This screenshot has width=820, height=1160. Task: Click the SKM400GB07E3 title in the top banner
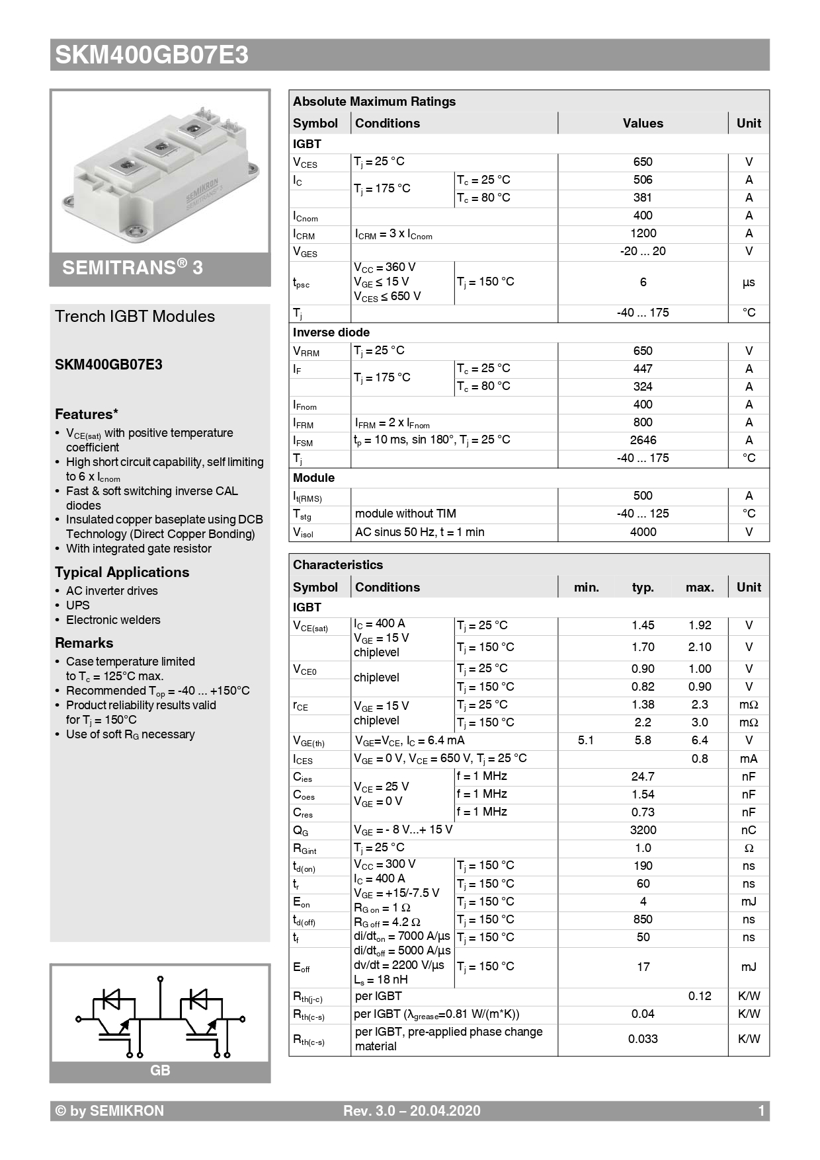tap(152, 55)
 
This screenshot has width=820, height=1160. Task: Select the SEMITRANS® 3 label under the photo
tap(132, 268)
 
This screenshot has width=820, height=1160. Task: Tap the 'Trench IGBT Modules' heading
tap(135, 317)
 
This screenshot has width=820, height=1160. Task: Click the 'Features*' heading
tap(87, 414)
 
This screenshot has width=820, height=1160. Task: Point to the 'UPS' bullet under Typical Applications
tap(77, 605)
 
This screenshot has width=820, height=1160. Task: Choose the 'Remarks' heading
tap(84, 643)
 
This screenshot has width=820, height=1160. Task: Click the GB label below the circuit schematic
tap(160, 1070)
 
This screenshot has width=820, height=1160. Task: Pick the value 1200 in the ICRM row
tap(643, 233)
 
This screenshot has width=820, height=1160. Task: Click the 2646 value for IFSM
tap(643, 440)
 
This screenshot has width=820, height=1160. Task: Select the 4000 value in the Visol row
tap(643, 532)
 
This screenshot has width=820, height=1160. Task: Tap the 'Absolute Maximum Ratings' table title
tap(374, 102)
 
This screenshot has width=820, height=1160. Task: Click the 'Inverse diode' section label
tap(331, 332)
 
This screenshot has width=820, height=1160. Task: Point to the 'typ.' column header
tap(643, 588)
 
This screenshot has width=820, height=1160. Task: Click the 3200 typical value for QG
tap(643, 830)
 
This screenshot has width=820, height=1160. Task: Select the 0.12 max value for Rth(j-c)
tap(700, 996)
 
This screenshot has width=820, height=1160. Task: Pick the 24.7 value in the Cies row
tap(643, 777)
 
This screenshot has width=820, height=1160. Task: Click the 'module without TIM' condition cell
tap(405, 514)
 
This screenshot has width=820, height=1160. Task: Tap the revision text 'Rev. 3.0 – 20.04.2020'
tap(411, 1111)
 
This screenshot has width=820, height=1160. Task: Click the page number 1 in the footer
tap(761, 1111)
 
